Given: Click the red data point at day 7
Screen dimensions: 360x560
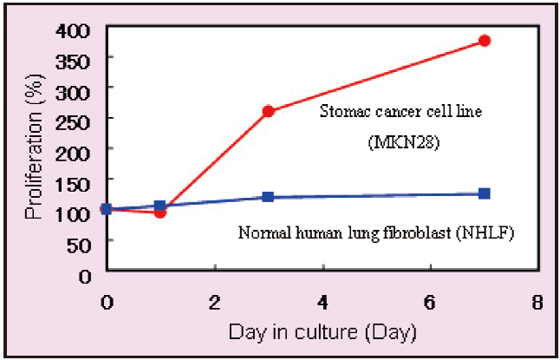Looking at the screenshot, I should [485, 41].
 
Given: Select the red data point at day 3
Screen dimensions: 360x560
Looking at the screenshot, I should [268, 111].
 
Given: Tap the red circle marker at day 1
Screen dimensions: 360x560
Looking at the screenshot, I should [160, 212].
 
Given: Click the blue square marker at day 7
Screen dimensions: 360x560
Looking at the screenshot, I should [485, 193].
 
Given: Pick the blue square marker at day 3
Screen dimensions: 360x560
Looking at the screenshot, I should [268, 197].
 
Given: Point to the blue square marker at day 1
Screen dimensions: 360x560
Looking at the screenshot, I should [160, 206].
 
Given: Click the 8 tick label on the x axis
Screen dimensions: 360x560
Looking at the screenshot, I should [538, 303].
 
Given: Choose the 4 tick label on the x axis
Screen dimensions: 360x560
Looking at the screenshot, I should [322, 303].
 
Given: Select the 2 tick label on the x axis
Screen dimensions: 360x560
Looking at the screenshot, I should [214, 303].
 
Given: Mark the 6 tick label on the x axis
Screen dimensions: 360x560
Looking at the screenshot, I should [430, 303].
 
